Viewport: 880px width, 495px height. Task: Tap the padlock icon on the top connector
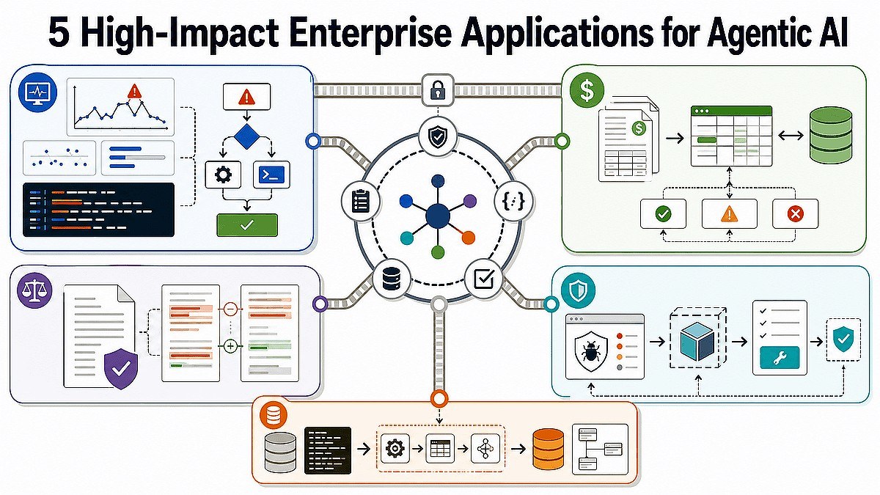click(x=438, y=90)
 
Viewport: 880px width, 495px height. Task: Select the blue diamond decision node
click(x=246, y=136)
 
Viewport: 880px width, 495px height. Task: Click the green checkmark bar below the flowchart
click(x=247, y=224)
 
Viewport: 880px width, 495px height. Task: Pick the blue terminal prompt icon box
click(x=272, y=175)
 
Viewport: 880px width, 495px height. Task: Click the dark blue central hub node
click(x=438, y=216)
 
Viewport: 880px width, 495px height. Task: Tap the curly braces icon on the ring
click(x=513, y=202)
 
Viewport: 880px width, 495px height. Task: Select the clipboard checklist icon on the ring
click(x=361, y=201)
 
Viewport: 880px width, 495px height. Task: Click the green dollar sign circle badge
click(x=587, y=90)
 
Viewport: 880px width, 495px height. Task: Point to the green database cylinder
click(x=831, y=136)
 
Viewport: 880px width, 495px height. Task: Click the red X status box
click(x=795, y=213)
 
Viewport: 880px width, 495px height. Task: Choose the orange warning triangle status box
click(x=729, y=213)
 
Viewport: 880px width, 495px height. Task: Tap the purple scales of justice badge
click(x=35, y=290)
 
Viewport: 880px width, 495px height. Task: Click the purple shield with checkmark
click(x=121, y=368)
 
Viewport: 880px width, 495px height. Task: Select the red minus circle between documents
click(x=230, y=309)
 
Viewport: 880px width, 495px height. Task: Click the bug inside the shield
click(x=590, y=351)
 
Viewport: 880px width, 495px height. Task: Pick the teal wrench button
click(x=780, y=358)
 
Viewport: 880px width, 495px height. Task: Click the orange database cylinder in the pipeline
click(x=548, y=449)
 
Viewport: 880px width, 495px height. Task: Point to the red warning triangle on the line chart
click(x=134, y=91)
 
